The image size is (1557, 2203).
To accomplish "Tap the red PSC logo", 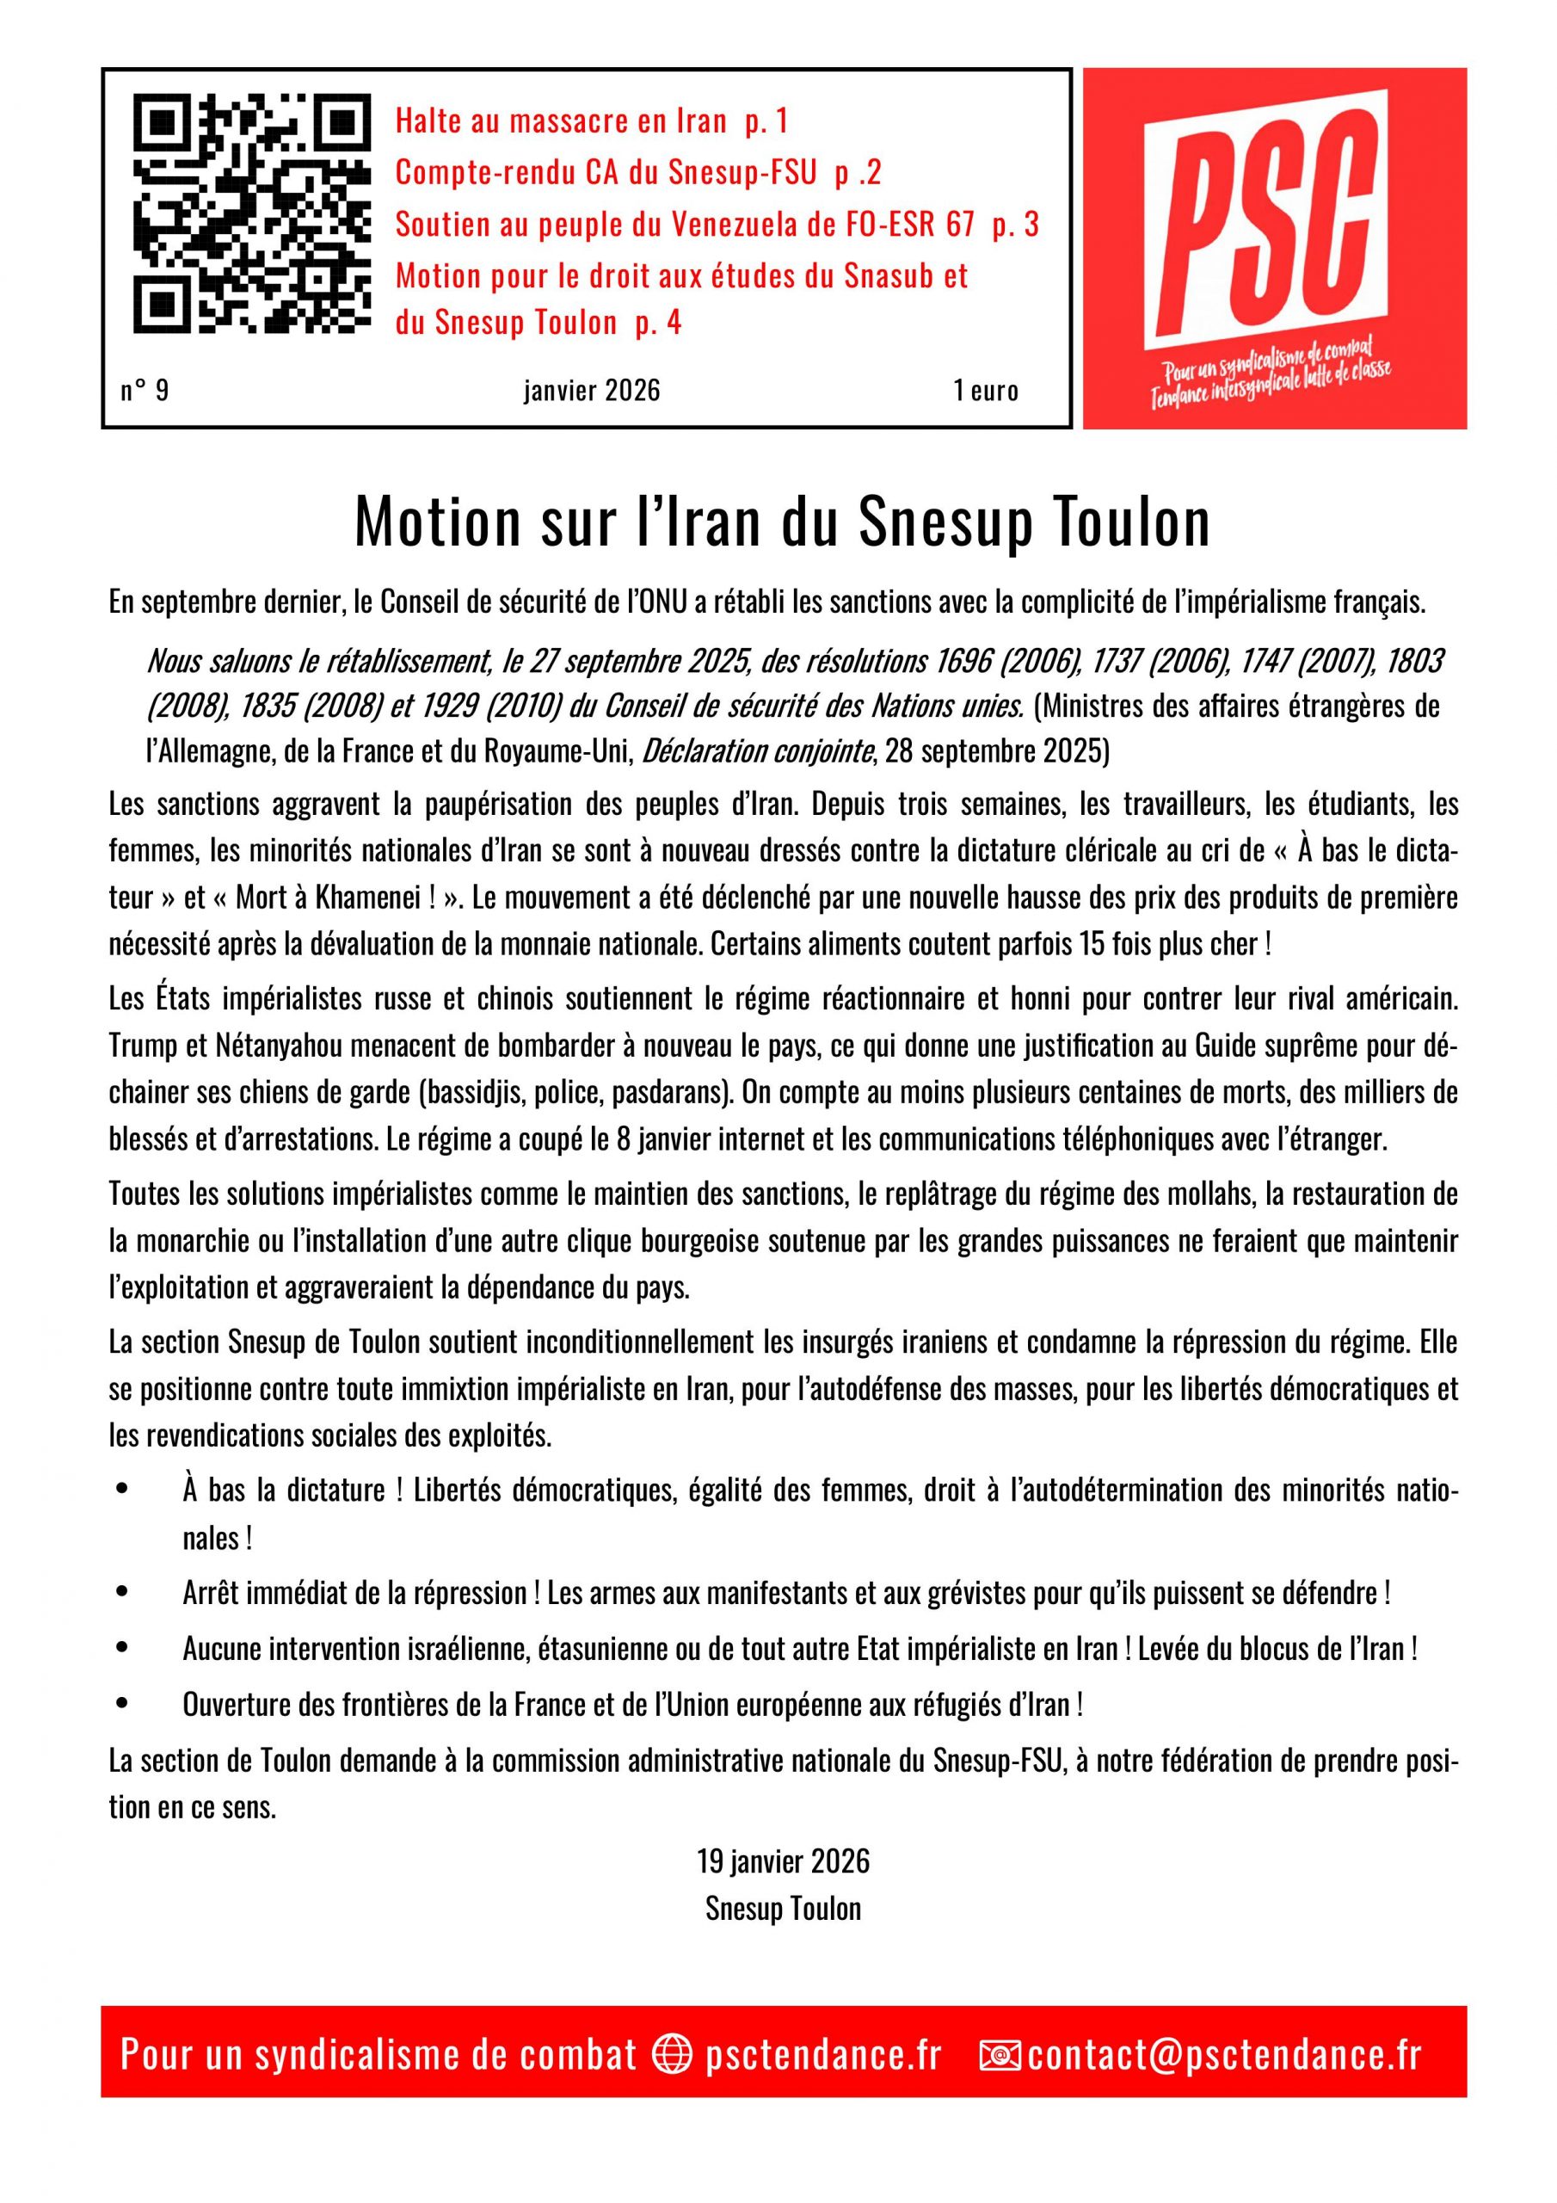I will pos(1274,248).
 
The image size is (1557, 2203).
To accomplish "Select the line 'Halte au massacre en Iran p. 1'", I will pos(591,122).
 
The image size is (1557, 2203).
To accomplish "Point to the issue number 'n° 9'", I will pos(145,391).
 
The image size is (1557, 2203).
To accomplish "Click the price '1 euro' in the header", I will pos(985,391).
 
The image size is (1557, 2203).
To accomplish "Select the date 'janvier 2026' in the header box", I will pos(592,391).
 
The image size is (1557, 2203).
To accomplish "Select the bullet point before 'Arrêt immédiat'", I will pos(121,1594).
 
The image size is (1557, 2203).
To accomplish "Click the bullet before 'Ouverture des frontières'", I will pos(121,1705).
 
